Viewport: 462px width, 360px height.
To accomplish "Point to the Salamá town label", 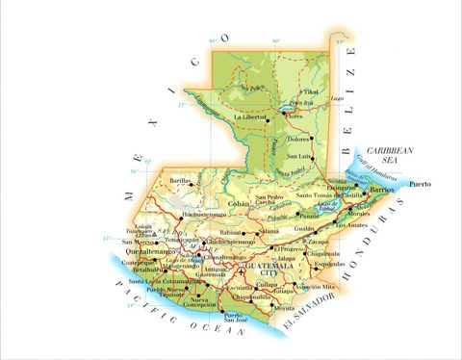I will coord(268,232).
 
